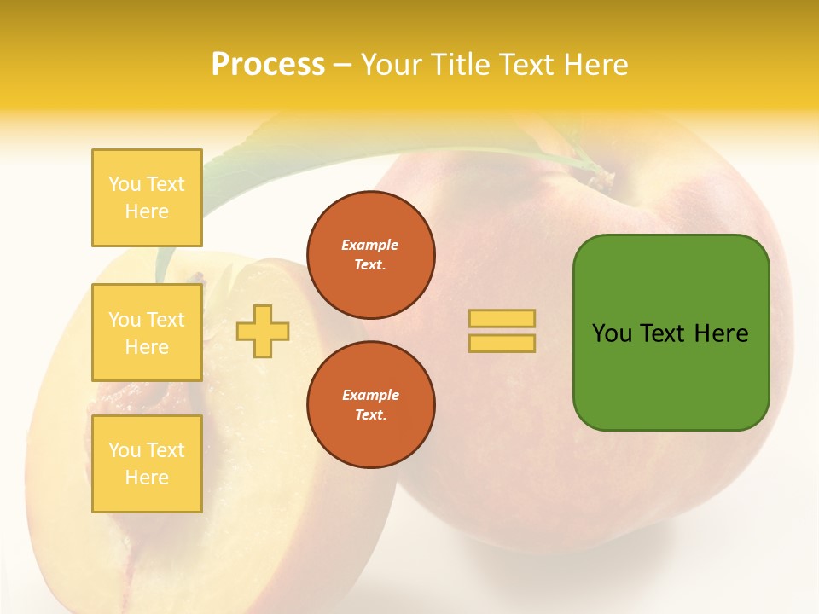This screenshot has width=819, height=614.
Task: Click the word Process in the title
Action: click(x=268, y=65)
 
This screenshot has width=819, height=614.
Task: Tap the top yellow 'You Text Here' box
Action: click(x=147, y=198)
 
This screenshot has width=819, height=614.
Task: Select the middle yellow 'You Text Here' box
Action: click(x=147, y=333)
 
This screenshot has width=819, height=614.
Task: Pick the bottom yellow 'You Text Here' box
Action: click(x=147, y=464)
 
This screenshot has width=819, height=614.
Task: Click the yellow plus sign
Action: click(x=263, y=331)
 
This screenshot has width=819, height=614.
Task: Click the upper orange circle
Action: click(x=371, y=255)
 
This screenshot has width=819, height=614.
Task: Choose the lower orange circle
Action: click(x=371, y=405)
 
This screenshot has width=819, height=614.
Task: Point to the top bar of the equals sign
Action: click(x=502, y=318)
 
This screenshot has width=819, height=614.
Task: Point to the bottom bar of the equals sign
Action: click(x=502, y=343)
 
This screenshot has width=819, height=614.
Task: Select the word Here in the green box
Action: click(x=721, y=333)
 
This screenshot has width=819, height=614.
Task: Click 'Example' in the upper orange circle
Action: click(x=370, y=245)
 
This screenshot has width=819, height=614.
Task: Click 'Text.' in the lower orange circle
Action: click(x=370, y=415)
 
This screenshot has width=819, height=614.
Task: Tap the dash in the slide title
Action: click(x=342, y=65)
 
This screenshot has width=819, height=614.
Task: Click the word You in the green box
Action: click(x=612, y=333)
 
